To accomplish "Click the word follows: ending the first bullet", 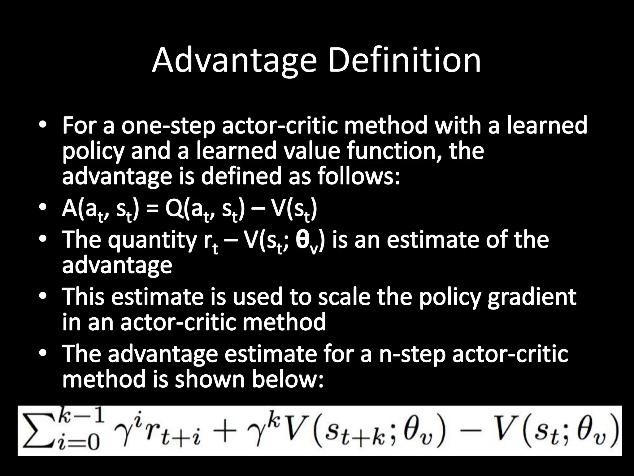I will (359, 176).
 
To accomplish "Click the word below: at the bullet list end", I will (288, 379).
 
